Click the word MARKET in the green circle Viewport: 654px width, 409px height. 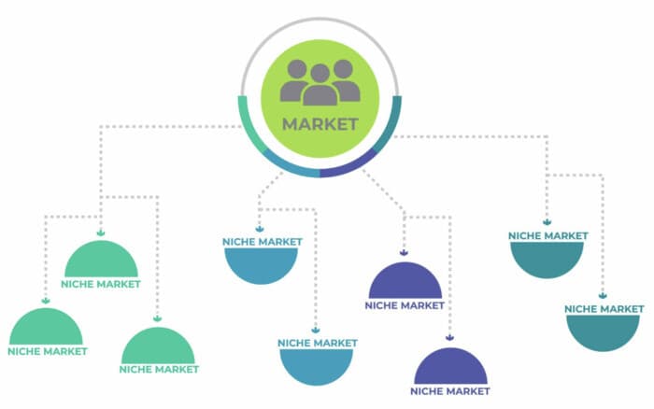pyautogui.click(x=320, y=124)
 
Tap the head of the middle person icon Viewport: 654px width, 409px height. pyautogui.click(x=320, y=74)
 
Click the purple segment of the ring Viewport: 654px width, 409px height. pyautogui.click(x=351, y=165)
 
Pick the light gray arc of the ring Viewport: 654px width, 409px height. pyautogui.click(x=320, y=20)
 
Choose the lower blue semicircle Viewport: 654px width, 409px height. pyautogui.click(x=316, y=365)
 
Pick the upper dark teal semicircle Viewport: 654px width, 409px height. pyautogui.click(x=547, y=258)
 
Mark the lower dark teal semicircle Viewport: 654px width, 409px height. pyautogui.click(x=603, y=331)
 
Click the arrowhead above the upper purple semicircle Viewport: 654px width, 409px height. pyautogui.click(x=404, y=253)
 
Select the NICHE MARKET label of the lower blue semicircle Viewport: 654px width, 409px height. pyautogui.click(x=318, y=343)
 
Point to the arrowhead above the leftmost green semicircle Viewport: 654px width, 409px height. pyautogui.click(x=46, y=301)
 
